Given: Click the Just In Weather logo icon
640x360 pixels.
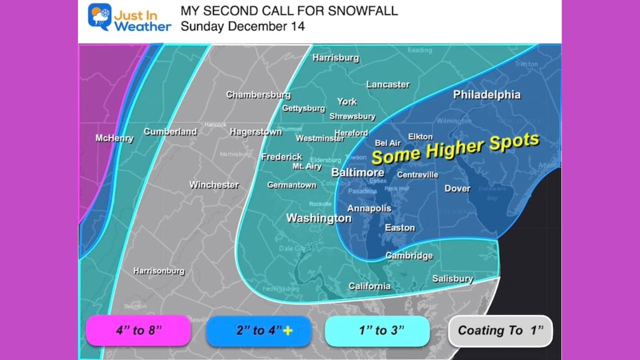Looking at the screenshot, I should coord(99,17).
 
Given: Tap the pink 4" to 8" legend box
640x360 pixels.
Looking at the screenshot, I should coord(138,330).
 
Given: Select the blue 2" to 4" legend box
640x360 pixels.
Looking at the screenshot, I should coord(258,330).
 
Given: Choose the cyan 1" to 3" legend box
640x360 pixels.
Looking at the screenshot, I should coord(377,330).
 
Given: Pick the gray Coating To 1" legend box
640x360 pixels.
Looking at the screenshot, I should coord(500,330).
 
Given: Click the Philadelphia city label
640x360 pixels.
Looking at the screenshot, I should coord(486,94).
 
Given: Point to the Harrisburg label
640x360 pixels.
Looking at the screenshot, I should coord(335,57).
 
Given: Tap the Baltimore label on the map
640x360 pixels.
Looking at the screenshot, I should coord(358,172).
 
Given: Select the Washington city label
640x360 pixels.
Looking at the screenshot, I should coord(318,218).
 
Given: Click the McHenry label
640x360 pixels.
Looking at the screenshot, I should coord(114,138).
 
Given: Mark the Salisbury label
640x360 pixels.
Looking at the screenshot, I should coord(452,278).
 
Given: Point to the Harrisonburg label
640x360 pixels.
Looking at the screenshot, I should coord(158,271).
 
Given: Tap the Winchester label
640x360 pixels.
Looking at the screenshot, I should coord(213,184).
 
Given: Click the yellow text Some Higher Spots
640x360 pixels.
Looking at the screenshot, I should coord(455,148).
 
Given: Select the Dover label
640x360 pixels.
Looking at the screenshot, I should coord(457,188).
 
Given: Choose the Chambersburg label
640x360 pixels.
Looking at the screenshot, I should coord(258,94).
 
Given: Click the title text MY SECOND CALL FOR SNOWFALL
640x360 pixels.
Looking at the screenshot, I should coord(289,11).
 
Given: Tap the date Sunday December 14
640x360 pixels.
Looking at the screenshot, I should coord(242,26).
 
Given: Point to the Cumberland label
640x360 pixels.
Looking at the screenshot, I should coord(170,131).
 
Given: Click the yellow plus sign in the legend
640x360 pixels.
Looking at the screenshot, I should coord(287,330).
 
